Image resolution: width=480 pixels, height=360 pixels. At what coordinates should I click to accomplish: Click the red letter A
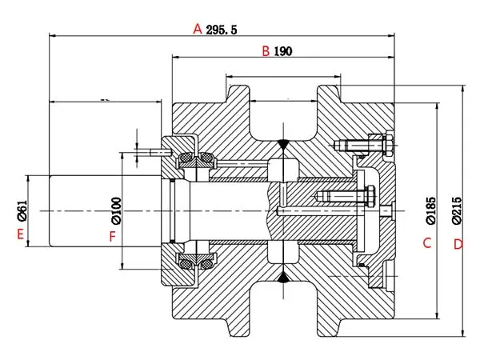pos(197,29)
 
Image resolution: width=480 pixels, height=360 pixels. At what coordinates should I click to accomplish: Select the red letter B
pos(266,52)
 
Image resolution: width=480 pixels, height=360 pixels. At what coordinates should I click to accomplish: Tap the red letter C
pos(427,242)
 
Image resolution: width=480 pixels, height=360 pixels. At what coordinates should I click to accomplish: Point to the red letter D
pos(458,243)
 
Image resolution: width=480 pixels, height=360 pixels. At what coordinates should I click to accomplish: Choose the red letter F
pos(113,236)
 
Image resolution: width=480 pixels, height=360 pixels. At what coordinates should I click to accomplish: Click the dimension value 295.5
pos(222,30)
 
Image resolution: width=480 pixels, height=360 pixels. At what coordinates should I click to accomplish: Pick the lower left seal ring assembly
pos(194,262)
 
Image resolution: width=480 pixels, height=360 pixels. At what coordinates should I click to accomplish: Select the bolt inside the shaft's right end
pos(344,196)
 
